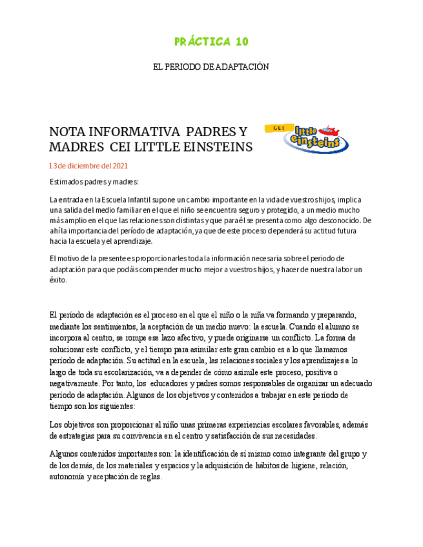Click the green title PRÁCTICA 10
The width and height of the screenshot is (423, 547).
coord(211,42)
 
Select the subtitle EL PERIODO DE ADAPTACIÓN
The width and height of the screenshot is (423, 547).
coord(211,66)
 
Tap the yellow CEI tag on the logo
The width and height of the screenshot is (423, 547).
coord(279,128)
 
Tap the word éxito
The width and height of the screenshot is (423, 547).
coord(58,280)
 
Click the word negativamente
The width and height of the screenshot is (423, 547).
coord(74,383)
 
